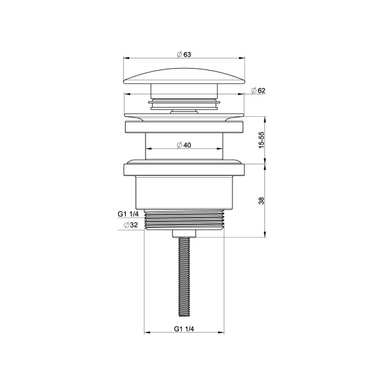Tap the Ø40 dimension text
click(184, 145)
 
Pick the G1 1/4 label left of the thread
click(128, 214)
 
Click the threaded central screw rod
click(184, 276)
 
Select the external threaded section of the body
click(184, 220)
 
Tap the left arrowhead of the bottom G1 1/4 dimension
click(146, 333)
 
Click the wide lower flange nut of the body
click(184, 171)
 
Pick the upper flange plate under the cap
click(184, 126)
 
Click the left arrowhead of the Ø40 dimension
click(148, 150)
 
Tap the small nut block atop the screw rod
click(184, 232)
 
